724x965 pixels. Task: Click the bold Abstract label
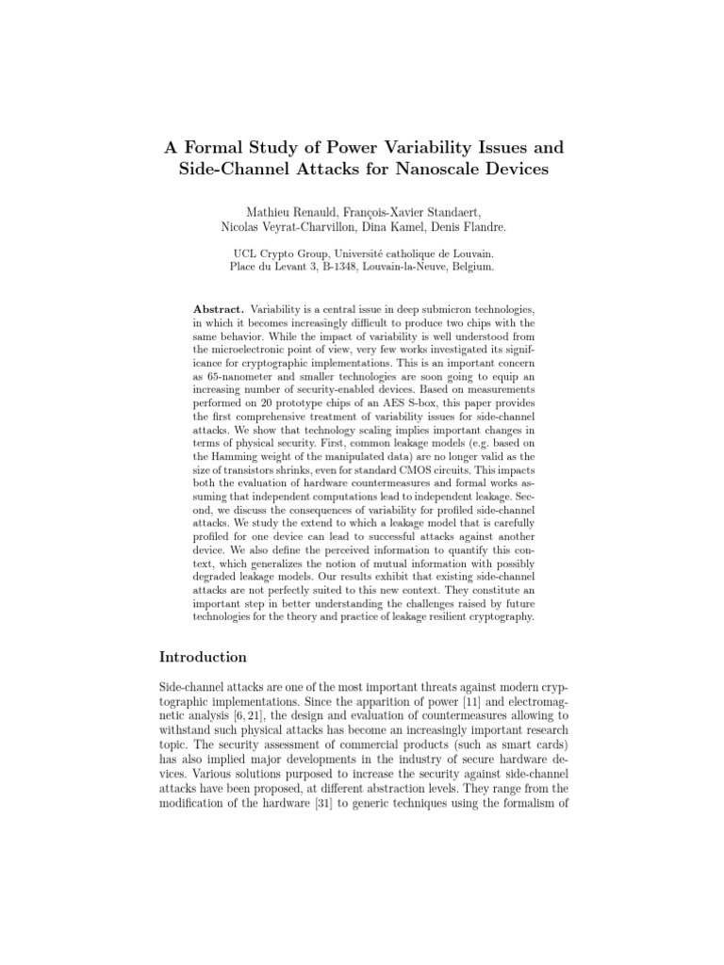219,310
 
